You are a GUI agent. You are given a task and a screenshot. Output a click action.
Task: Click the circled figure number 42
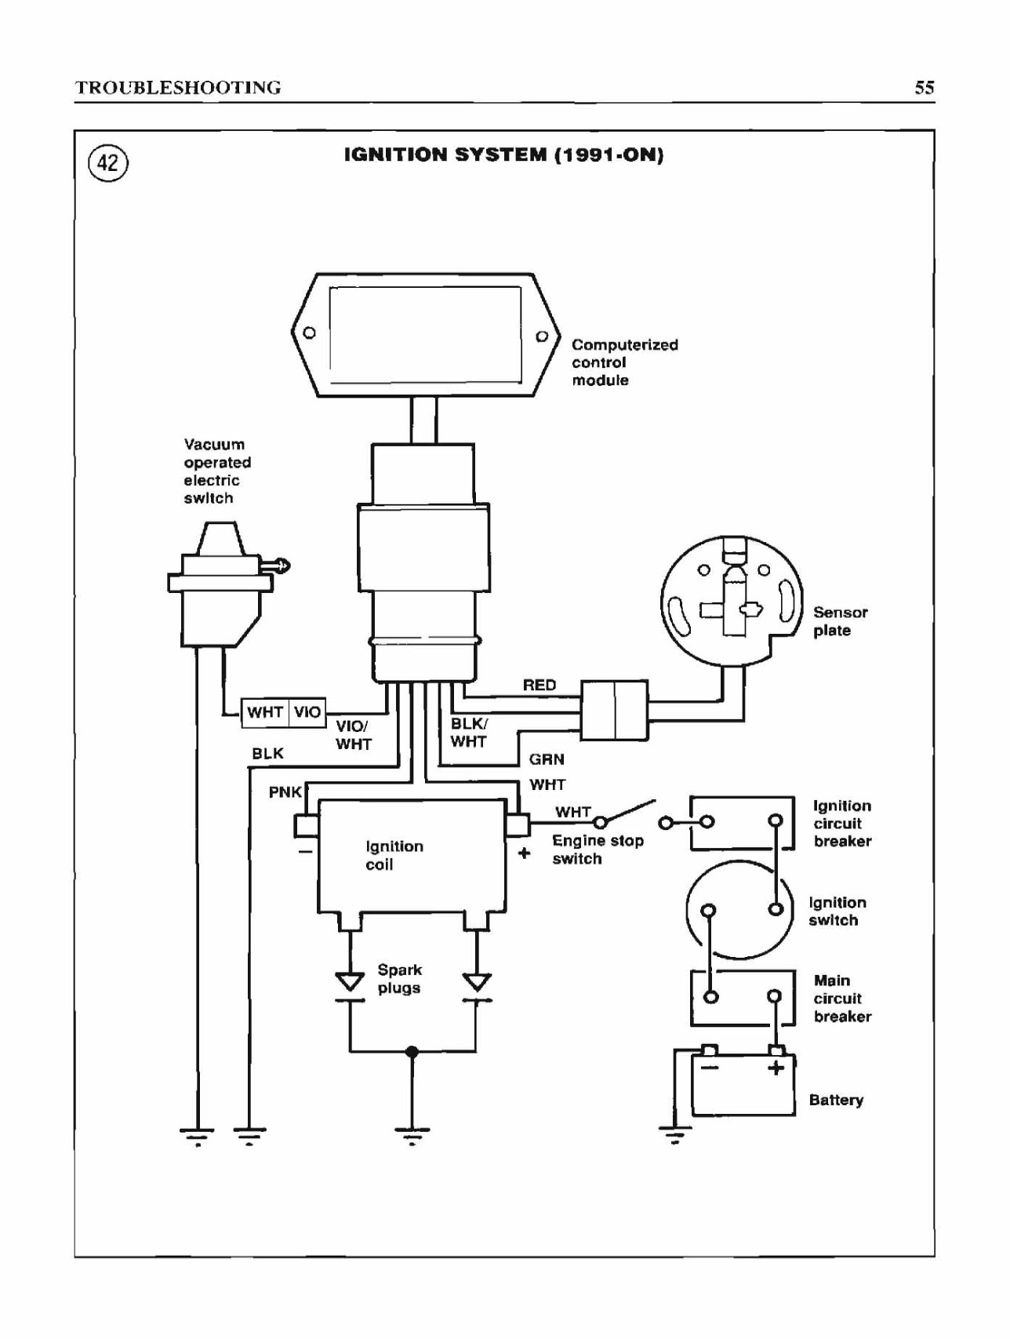108,163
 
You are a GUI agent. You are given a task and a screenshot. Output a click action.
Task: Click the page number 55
925,87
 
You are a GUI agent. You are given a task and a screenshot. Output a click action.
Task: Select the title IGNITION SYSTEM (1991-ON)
504,155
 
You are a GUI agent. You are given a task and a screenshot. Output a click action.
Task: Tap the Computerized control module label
624,362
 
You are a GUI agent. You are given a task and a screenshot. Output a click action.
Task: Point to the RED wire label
540,686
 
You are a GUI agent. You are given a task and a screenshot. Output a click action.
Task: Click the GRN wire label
547,759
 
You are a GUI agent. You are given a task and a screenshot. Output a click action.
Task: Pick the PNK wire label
285,792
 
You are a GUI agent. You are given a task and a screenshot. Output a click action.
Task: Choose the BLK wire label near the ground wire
267,754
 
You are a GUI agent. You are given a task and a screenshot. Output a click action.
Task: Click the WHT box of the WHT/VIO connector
265,712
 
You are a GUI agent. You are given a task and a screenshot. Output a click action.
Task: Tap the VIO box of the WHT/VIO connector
307,712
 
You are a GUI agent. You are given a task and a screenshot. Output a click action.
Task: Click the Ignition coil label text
394,855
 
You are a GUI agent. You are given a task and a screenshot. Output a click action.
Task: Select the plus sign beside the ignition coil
525,853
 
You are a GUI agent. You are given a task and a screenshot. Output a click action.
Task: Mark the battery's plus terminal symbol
776,1068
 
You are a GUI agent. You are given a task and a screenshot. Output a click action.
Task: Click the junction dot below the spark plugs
412,1052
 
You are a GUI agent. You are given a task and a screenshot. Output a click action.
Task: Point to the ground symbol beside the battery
675,1133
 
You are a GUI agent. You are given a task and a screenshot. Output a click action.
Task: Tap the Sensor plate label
840,621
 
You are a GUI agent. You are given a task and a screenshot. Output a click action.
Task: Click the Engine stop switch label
598,850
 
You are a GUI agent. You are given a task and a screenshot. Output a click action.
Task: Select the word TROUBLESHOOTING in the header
178,87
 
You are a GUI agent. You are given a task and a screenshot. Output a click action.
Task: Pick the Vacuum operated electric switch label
217,471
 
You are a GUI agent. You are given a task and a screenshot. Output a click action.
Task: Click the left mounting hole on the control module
310,333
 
